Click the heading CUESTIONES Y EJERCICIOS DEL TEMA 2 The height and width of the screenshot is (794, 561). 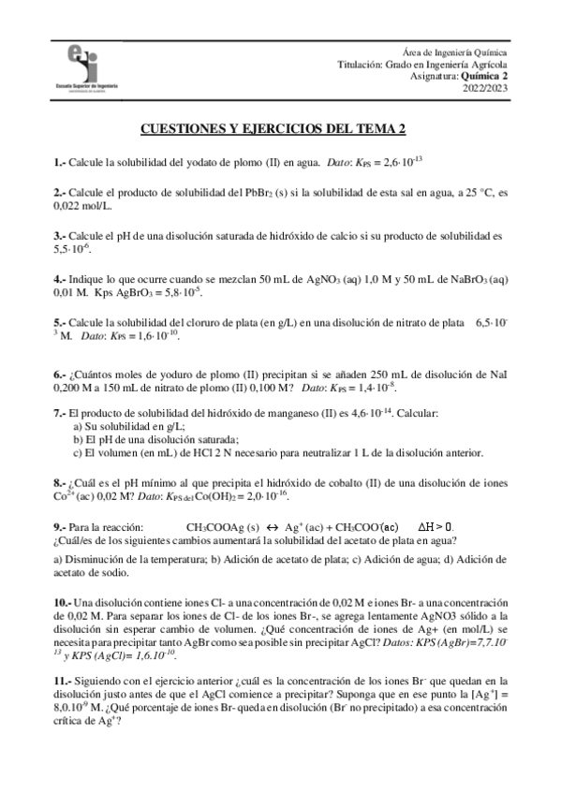point(280,130)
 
